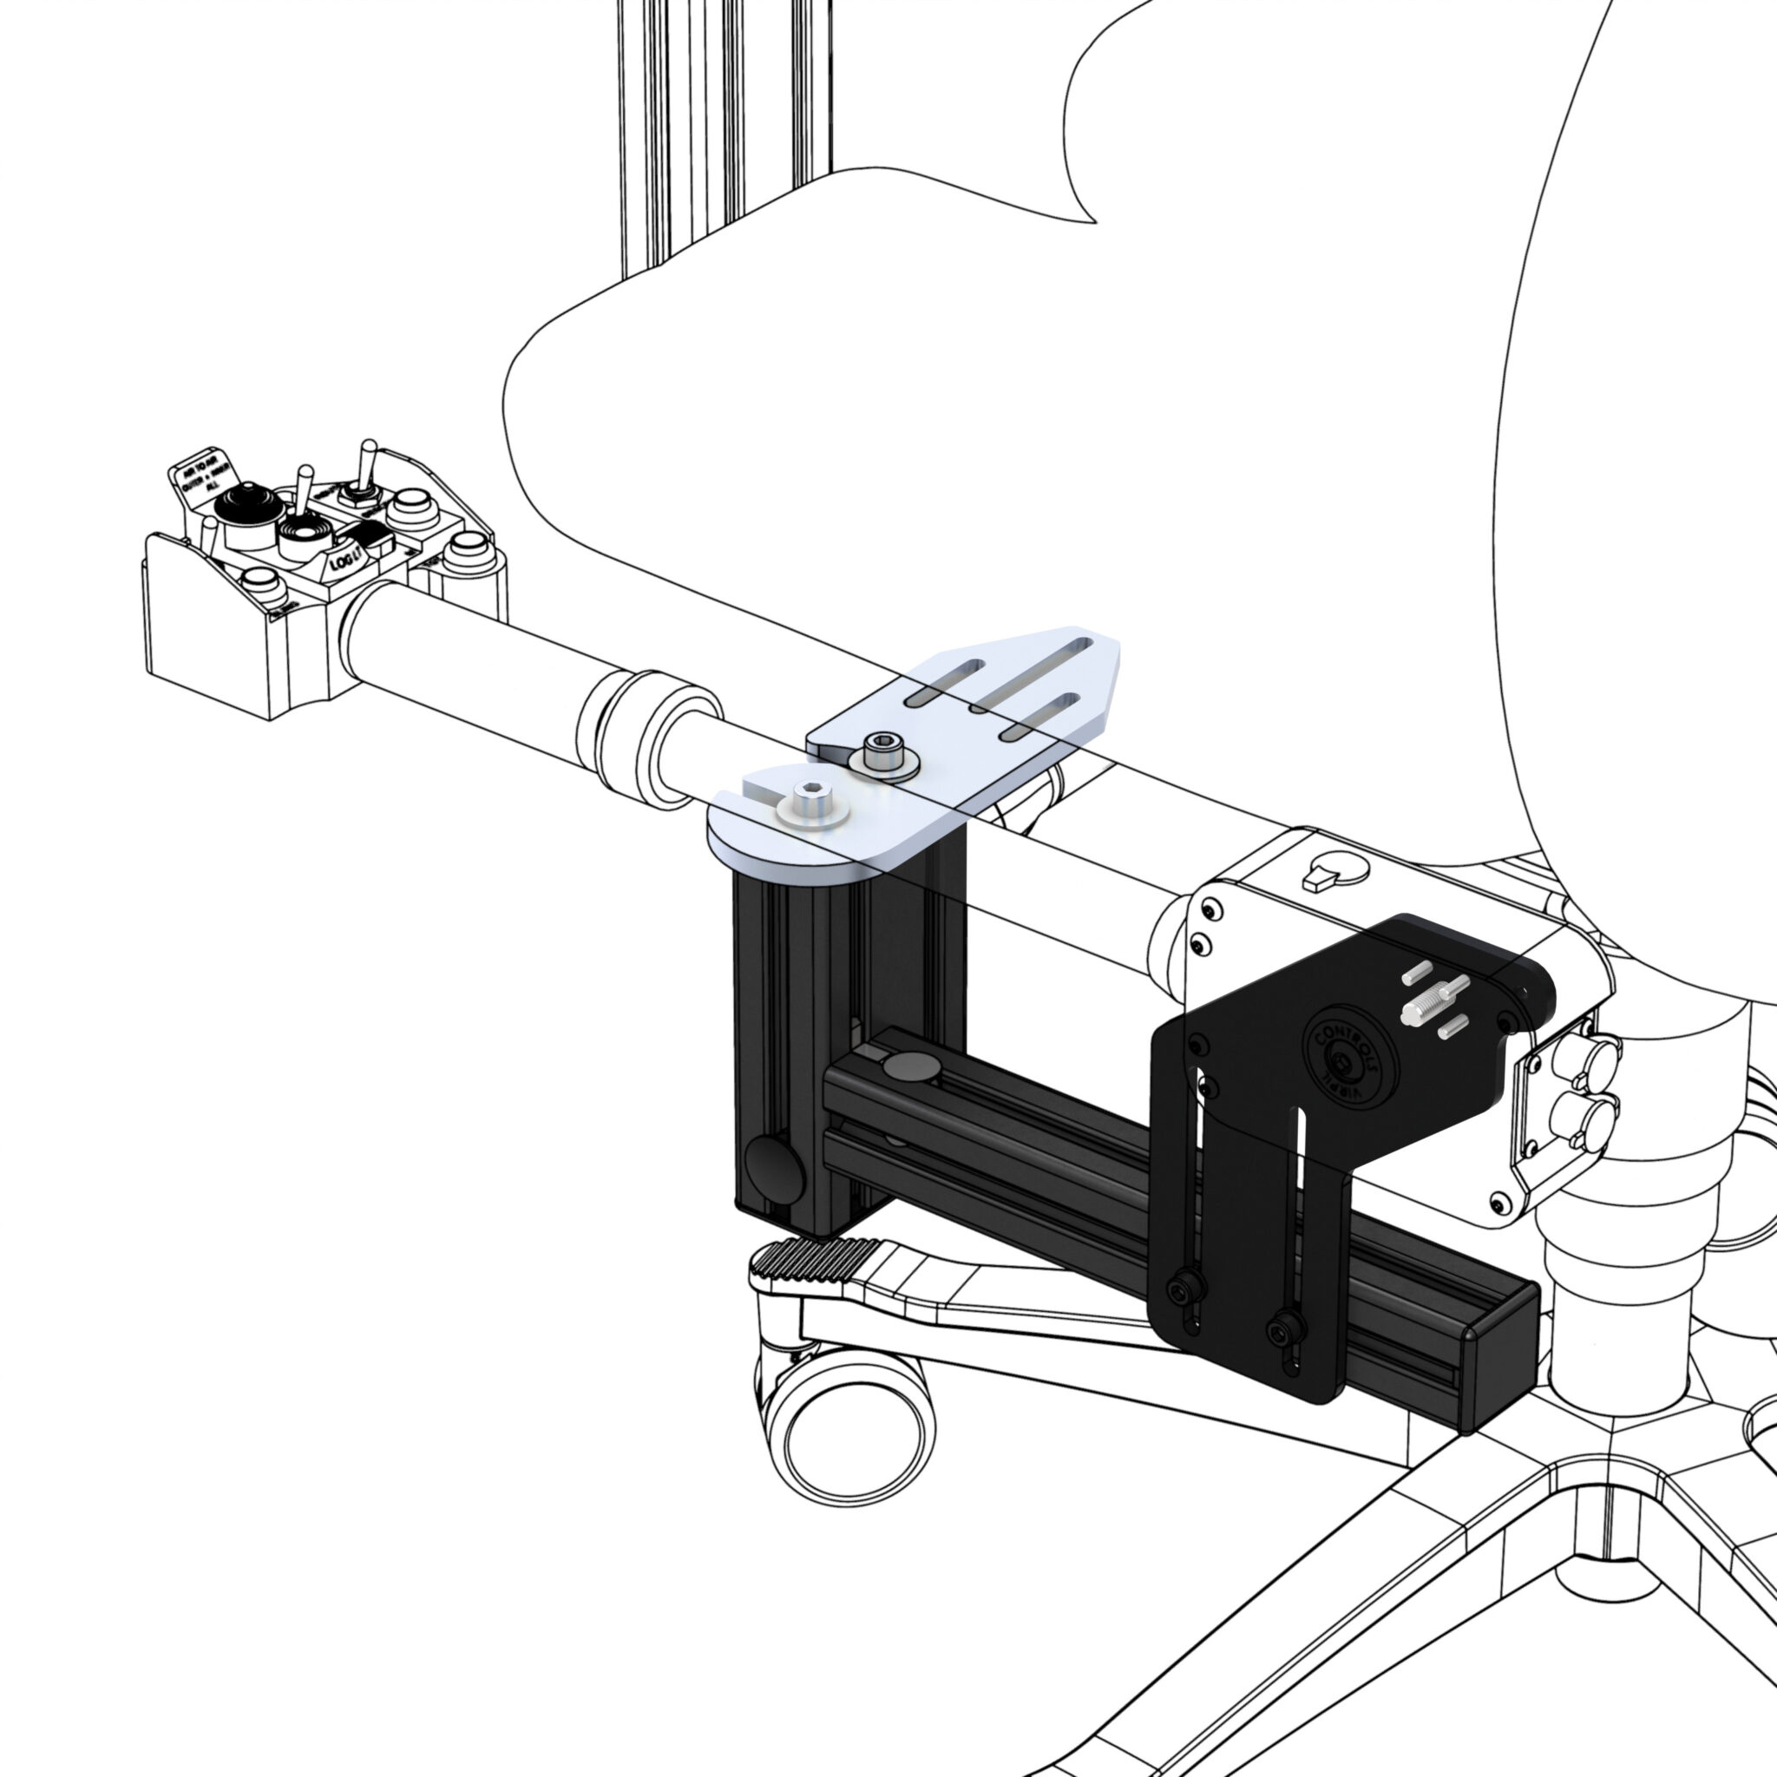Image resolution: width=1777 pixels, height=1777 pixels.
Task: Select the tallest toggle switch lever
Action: pos(367,459)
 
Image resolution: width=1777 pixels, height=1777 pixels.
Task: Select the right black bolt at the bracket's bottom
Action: pos(1285,1328)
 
